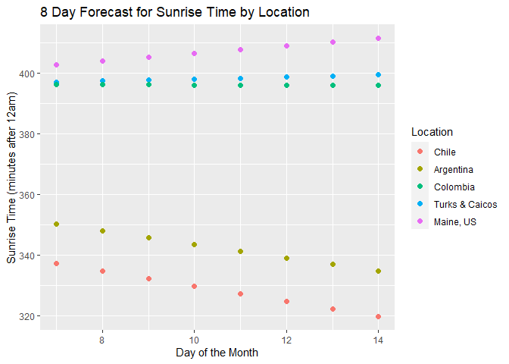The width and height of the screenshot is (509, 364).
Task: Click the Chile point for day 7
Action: click(x=56, y=263)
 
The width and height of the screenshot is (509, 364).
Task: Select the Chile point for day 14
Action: click(x=378, y=316)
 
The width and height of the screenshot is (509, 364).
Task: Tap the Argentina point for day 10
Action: click(x=194, y=245)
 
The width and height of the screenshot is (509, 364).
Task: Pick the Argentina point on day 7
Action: click(x=56, y=224)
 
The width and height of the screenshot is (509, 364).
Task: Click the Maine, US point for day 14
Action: click(x=378, y=39)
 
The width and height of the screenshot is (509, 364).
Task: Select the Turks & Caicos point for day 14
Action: click(x=378, y=74)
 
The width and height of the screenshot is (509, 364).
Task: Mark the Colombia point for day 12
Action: click(x=286, y=85)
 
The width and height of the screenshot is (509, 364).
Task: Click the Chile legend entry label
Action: click(x=445, y=152)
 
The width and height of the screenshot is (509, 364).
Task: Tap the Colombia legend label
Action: click(x=454, y=187)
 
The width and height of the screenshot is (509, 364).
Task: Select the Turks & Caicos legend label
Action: click(x=465, y=204)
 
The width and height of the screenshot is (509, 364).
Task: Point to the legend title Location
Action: click(x=432, y=132)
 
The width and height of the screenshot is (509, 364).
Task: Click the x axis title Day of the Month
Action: click(x=217, y=353)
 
